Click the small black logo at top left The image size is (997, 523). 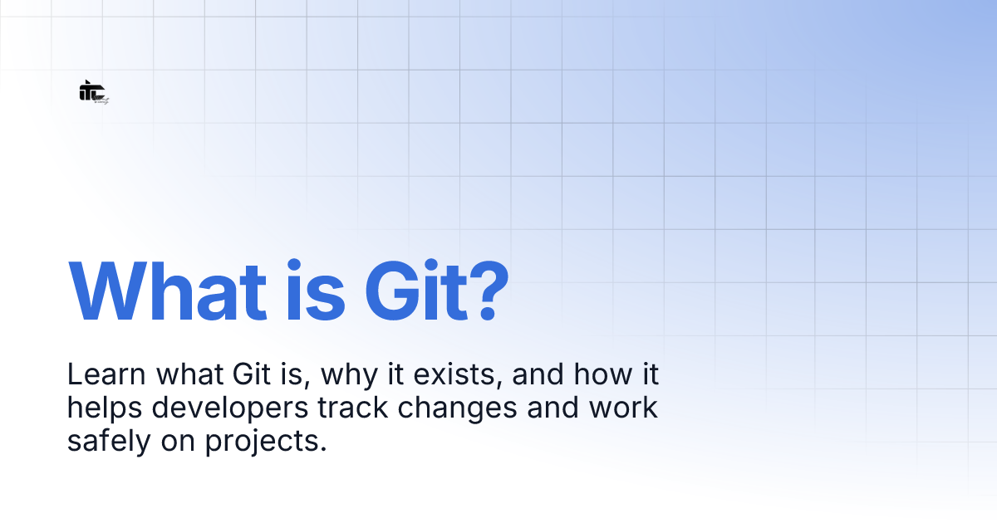[93, 92]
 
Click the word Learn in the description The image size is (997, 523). [99, 375]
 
